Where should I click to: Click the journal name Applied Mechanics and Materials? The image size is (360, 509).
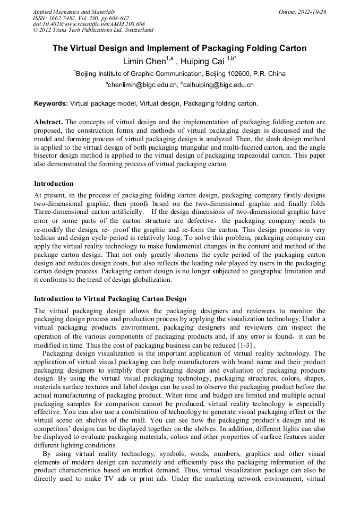coord(74,12)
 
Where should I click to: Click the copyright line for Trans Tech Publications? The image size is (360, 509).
coord(93,31)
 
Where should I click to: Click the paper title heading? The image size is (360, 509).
coord(179,48)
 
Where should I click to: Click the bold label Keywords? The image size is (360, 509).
coord(51,103)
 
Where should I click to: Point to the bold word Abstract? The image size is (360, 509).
coord(49,122)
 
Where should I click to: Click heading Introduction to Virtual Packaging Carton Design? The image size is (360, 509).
coord(110,299)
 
